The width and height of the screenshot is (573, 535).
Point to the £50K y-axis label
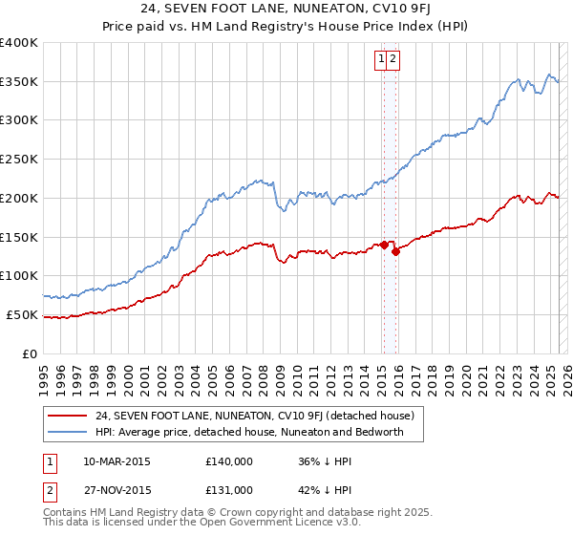pyautogui.click(x=21, y=314)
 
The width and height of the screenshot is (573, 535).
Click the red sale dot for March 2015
pyautogui.click(x=383, y=245)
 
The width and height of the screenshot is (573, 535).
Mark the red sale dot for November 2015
pyautogui.click(x=395, y=252)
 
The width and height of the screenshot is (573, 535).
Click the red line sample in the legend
pyautogui.click(x=68, y=416)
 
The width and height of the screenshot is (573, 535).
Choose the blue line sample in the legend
pyautogui.click(x=68, y=432)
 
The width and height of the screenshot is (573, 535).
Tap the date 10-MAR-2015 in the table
pyautogui.click(x=117, y=461)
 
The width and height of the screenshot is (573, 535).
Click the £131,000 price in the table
pyautogui.click(x=229, y=490)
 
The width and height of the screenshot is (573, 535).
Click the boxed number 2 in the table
pyautogui.click(x=49, y=490)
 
